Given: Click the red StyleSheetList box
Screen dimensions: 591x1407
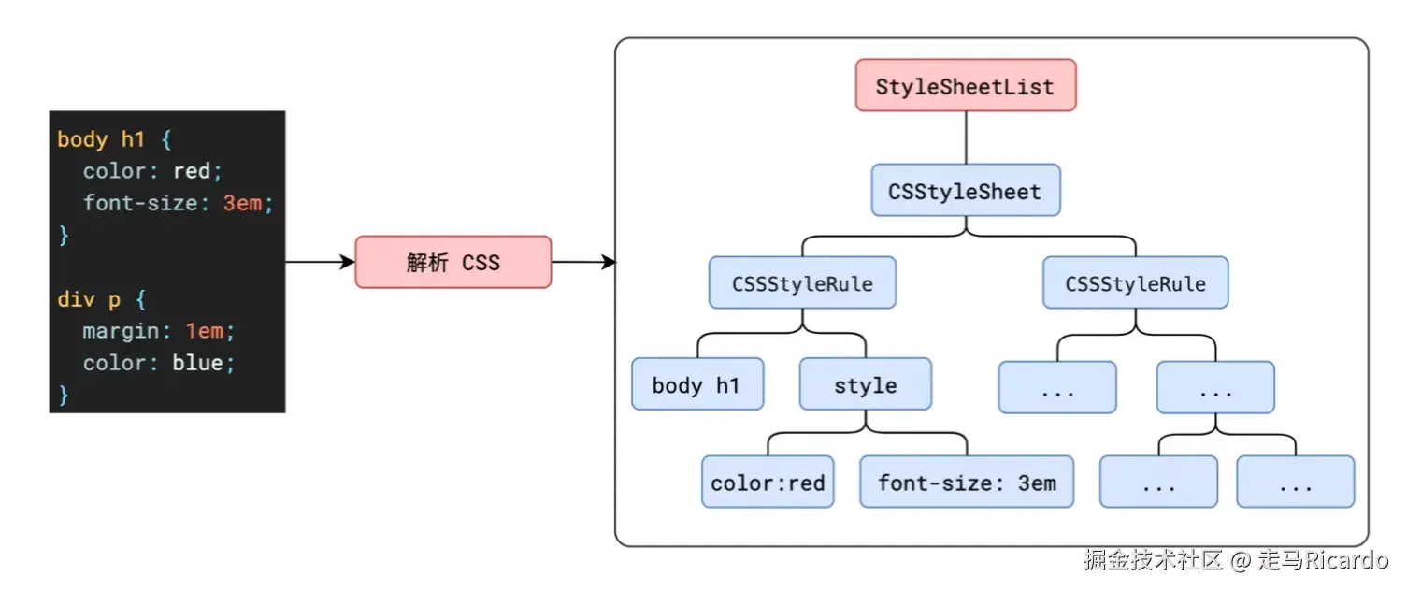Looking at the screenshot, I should coord(966,86).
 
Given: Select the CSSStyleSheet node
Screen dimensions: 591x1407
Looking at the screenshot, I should coord(965,191).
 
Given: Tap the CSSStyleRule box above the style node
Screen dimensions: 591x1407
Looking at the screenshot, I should coord(802,283).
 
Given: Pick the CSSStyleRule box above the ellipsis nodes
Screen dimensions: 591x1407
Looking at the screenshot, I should coord(1135,283).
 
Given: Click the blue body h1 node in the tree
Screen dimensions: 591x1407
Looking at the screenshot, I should coord(696,384).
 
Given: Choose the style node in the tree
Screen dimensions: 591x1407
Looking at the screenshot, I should coord(865,384).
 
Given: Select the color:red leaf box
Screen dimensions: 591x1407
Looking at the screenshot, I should coord(768,483).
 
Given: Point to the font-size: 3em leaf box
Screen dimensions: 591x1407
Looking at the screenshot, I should coord(967,483).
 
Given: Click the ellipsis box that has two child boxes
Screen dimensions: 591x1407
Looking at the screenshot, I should coord(1215,388).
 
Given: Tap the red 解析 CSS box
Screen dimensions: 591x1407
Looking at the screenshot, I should coord(453,262).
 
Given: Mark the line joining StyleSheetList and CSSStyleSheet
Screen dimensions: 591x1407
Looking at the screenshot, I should coord(966,138).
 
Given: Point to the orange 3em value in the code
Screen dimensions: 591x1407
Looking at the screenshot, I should coord(242,203).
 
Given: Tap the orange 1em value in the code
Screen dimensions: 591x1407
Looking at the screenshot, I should coord(204,331).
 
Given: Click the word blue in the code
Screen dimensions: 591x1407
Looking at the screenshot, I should coord(197,363).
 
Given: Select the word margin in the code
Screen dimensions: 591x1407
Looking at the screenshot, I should coord(111,331).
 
